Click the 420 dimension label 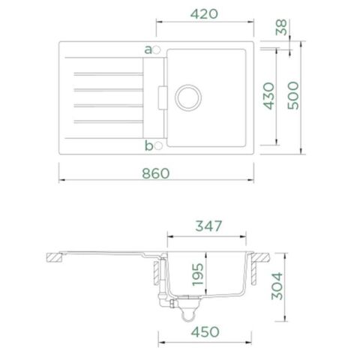pyautogui.click(x=204, y=14)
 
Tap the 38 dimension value pyautogui.click(x=281, y=27)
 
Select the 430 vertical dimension pyautogui.click(x=269, y=96)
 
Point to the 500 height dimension pyautogui.click(x=293, y=95)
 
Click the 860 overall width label pyautogui.click(x=156, y=173)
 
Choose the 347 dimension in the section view pyautogui.click(x=208, y=226)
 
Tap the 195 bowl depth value pyautogui.click(x=197, y=274)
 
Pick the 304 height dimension pyautogui.click(x=277, y=286)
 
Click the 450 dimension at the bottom pyautogui.click(x=205, y=332)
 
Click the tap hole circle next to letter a pyautogui.click(x=157, y=50)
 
